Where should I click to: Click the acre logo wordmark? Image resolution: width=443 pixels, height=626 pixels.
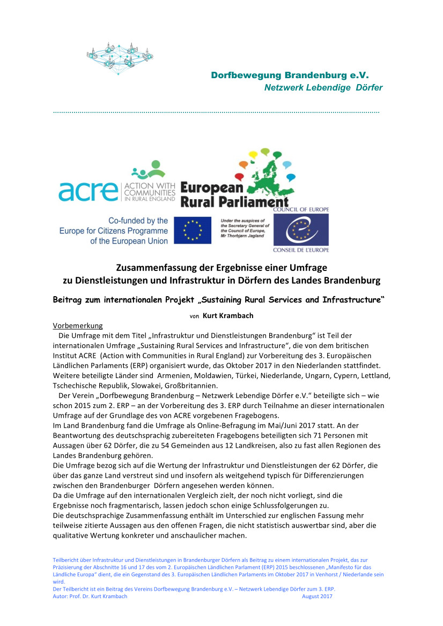tap(88, 191)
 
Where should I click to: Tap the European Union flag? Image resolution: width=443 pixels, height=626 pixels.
tap(192, 230)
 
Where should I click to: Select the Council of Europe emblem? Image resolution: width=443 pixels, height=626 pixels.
tap(301, 230)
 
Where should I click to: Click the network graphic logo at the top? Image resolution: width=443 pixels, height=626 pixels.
tap(120, 56)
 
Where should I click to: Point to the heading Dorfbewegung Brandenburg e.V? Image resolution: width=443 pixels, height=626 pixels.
tap(290, 76)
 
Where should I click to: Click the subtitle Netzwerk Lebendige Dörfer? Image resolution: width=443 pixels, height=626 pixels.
tap(323, 88)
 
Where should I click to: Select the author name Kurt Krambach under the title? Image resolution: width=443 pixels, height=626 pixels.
tap(228, 315)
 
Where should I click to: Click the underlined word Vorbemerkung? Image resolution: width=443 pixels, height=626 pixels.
tap(77, 326)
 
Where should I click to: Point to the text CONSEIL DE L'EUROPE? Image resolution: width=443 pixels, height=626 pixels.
tap(301, 250)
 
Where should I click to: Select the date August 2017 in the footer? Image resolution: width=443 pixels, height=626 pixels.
tap(317, 597)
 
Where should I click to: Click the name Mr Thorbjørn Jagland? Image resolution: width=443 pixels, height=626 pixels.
tap(243, 236)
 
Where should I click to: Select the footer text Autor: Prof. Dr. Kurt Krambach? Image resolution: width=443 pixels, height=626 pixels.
tap(90, 597)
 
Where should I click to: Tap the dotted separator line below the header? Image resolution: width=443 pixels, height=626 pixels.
tap(216, 112)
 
